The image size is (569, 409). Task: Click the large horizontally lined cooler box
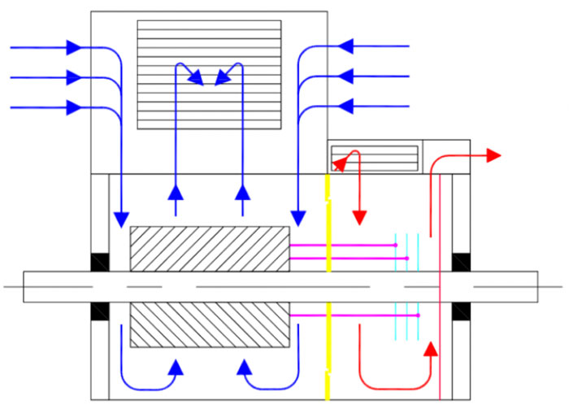point(209,75)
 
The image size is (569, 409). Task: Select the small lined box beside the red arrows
point(375,157)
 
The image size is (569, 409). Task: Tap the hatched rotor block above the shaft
point(210,248)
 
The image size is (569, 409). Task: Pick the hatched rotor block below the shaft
point(210,324)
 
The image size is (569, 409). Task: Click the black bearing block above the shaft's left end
point(99,263)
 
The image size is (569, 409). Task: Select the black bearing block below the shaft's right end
point(461,311)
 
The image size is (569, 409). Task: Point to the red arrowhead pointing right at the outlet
point(493,154)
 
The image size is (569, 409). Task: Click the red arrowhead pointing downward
point(359,217)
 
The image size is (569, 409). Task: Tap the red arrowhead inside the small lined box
point(341,162)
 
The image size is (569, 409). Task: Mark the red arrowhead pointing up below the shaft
point(430,350)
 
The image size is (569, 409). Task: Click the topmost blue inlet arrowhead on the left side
point(74,48)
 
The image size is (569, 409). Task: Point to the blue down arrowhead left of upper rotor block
point(121,219)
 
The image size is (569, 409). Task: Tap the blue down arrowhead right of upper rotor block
point(298,218)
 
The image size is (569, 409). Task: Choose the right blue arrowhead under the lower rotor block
point(243,368)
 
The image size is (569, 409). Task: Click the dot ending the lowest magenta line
point(418,315)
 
